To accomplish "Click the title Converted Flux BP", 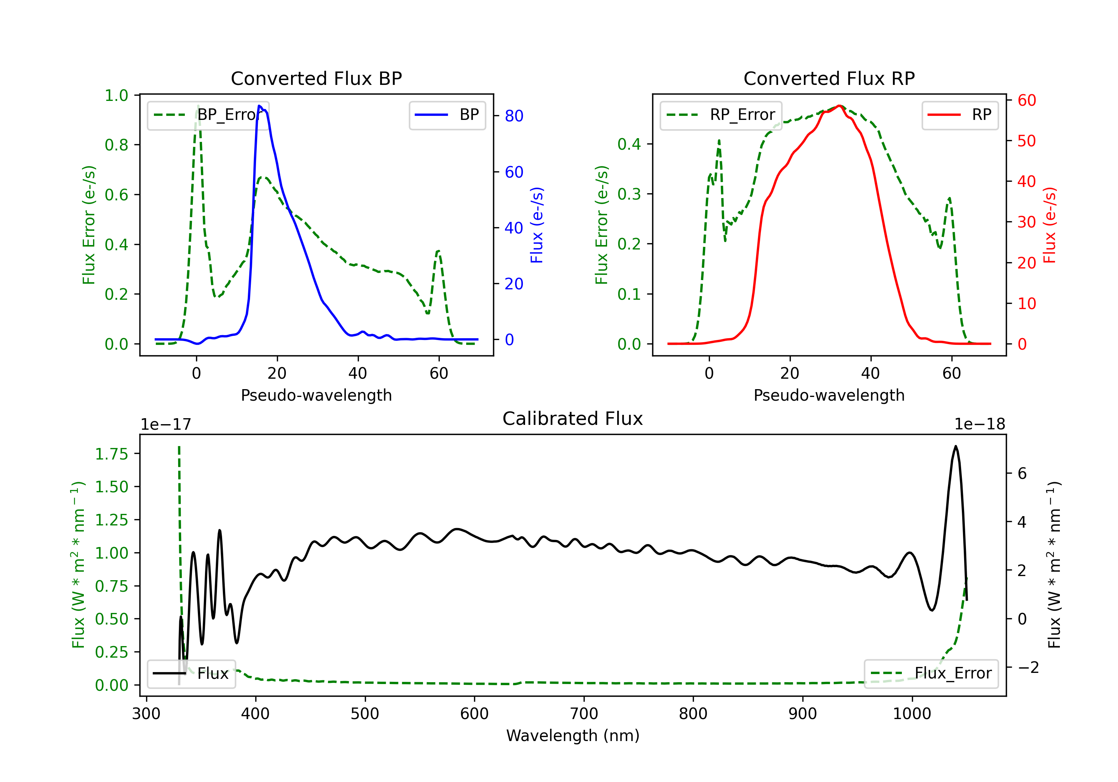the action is click(x=316, y=78).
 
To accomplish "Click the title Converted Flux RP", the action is click(x=829, y=78).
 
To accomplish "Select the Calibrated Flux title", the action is click(x=573, y=419).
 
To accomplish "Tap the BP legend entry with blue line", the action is click(x=447, y=115).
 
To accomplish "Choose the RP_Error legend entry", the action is click(x=721, y=115).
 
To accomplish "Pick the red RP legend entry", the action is click(x=960, y=115).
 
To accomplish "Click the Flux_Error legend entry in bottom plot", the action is click(x=931, y=674).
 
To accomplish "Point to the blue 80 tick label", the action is click(x=514, y=116).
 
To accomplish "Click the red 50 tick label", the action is click(x=1026, y=141).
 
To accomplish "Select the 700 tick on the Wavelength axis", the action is click(x=584, y=714).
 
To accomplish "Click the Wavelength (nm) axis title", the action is click(x=573, y=736).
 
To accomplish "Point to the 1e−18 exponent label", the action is click(x=980, y=425).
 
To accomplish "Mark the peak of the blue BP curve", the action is click(x=259, y=106).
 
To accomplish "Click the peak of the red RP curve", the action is click(x=840, y=106).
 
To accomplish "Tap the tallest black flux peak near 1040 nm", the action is click(x=956, y=446).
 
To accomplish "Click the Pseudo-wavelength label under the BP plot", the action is click(x=316, y=395).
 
